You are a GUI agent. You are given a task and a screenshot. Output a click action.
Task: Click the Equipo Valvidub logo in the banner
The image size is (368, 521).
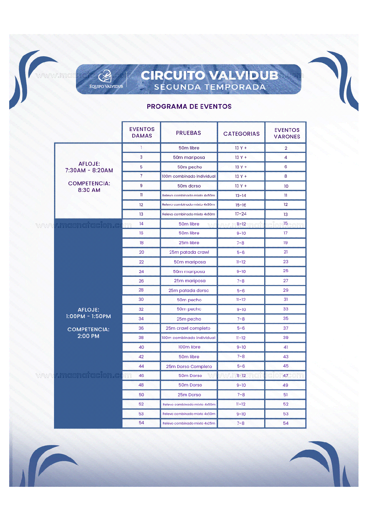(x=106, y=79)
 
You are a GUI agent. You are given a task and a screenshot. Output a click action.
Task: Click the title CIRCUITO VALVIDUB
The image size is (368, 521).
(x=210, y=75)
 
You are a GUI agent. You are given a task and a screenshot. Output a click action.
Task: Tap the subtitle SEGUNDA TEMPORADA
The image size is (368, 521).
(x=210, y=87)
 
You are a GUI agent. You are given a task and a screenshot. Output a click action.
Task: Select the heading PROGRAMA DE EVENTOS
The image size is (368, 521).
(x=189, y=106)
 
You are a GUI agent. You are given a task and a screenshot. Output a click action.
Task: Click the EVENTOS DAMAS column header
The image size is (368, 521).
(x=142, y=132)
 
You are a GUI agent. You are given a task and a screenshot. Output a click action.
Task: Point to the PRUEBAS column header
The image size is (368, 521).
(x=188, y=133)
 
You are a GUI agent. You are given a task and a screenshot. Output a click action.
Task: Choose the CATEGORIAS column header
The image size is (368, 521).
(x=241, y=134)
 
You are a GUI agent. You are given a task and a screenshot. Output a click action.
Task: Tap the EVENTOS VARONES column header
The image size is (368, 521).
(x=287, y=133)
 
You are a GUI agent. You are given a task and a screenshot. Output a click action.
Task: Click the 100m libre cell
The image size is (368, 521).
(x=189, y=347)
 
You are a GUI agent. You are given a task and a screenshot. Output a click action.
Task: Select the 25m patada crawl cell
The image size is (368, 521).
(x=189, y=252)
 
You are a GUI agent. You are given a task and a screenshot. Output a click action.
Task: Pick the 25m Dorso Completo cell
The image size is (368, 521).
(x=189, y=366)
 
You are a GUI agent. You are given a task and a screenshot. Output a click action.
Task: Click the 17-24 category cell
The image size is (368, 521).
(x=241, y=214)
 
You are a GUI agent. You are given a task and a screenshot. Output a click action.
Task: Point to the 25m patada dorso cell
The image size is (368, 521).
(x=188, y=290)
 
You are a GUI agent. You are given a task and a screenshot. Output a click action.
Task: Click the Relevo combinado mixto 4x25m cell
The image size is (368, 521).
(x=189, y=423)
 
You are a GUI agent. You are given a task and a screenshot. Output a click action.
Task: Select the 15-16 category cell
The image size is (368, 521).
(x=241, y=205)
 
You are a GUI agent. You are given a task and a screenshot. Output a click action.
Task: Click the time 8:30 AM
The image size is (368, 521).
(x=89, y=190)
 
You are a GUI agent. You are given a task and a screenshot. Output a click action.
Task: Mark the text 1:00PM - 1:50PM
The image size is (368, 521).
(x=88, y=316)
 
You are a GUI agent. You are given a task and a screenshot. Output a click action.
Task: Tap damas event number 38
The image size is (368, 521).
(x=141, y=338)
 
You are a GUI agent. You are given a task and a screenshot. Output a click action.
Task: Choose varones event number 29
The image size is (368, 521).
(x=285, y=290)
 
